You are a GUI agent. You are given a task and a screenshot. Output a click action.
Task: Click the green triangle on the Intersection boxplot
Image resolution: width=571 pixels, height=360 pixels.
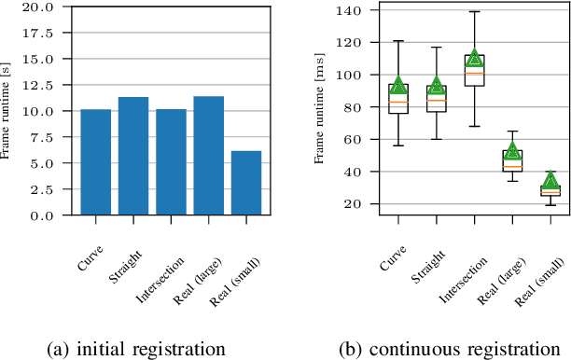tap(474, 57)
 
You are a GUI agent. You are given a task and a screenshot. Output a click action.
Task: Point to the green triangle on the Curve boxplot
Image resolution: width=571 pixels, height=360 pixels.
tap(398, 86)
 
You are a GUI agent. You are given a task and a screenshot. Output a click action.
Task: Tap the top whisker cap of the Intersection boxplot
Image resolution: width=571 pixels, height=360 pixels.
tap(474, 12)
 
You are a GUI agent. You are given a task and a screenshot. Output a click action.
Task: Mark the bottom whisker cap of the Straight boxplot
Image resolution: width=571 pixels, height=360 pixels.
tap(437, 139)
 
